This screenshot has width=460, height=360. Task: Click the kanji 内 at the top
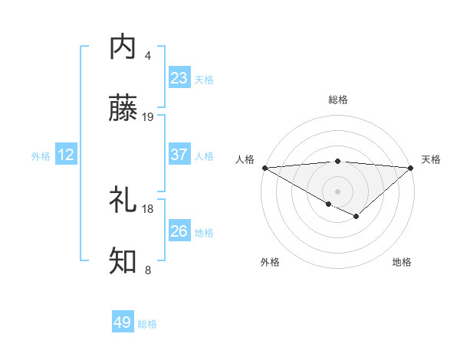(123, 47)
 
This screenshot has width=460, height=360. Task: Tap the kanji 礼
(123, 200)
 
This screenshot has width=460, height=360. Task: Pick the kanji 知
(123, 261)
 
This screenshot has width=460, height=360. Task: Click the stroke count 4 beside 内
(148, 56)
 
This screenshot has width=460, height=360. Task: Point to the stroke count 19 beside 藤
(148, 117)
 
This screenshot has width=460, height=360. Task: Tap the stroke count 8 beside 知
(148, 270)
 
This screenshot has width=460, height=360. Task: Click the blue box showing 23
(179, 77)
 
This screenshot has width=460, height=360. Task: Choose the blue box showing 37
(179, 155)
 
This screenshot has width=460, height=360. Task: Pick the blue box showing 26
(179, 231)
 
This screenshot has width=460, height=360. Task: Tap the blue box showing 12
(66, 155)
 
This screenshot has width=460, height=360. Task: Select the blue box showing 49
(123, 322)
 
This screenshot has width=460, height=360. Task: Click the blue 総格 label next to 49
(147, 324)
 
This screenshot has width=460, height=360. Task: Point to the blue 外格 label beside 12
(41, 156)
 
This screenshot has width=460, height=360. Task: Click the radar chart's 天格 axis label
(431, 159)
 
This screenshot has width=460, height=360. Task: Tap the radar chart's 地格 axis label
(402, 262)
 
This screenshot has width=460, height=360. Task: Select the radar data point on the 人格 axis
(264, 168)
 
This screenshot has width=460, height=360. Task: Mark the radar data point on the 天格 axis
(411, 168)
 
